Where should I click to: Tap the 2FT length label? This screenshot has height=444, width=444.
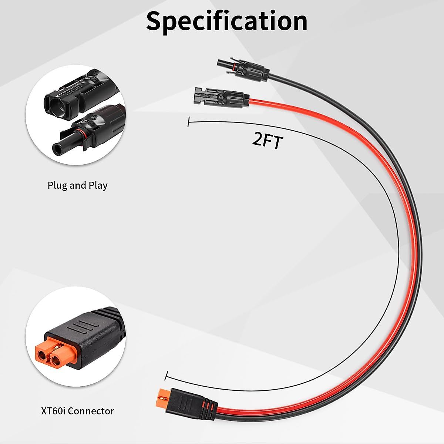[267, 141]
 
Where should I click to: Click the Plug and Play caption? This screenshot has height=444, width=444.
[77, 185]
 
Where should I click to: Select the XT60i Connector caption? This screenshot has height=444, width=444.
[77, 411]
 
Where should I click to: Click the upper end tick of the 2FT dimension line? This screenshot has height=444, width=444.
[189, 122]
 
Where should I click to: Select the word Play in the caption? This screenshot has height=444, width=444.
[98, 185]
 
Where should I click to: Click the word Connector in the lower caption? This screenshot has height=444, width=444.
[91, 411]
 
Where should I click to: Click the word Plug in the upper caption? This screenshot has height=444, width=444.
[56, 185]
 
